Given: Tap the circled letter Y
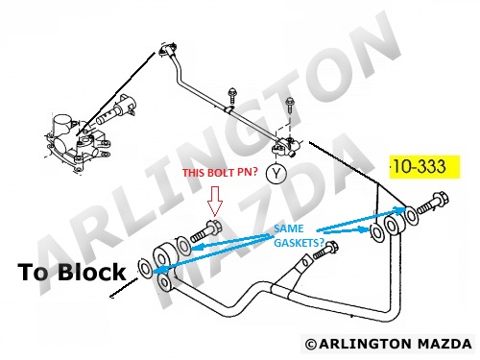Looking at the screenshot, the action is point(276,173).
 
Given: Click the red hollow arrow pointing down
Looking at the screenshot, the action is point(215,202).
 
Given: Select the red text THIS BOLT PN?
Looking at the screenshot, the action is point(220,173).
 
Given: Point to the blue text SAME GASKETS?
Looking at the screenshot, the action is point(299,235).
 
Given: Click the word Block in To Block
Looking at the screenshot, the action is point(91,272).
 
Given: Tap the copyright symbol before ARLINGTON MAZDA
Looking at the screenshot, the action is point(311,345).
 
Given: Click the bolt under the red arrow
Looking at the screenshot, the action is point(206,231).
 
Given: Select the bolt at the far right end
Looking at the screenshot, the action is point(433,203).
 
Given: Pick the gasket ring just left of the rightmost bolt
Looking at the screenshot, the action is point(411,214).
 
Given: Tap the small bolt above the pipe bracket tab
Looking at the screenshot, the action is point(325,250).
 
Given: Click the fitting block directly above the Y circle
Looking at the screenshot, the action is point(286,147).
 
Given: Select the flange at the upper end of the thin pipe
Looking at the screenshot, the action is point(166,50).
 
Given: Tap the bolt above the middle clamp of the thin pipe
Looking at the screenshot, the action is point(230,95).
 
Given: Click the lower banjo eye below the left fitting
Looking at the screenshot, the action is point(165,282).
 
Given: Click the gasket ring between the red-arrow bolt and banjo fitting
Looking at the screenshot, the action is point(183,246).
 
